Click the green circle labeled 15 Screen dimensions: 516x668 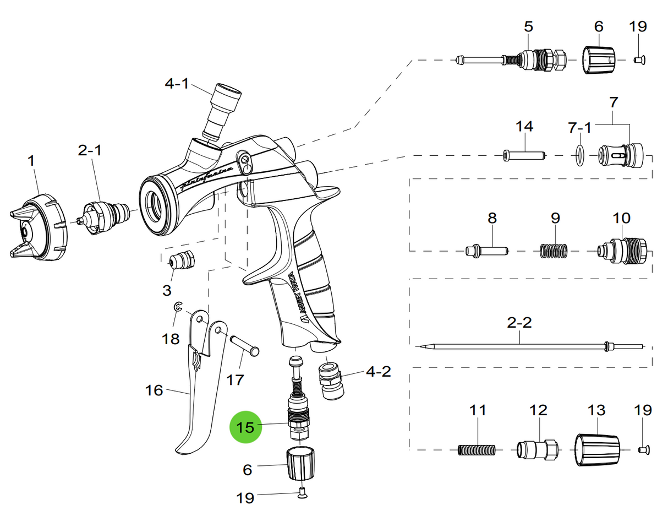pos(245,427)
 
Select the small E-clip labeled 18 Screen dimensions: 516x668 pos(177,308)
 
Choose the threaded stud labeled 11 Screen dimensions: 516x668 pos(477,450)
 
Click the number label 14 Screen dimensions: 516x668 pos(524,127)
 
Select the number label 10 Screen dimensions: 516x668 pos(621,218)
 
